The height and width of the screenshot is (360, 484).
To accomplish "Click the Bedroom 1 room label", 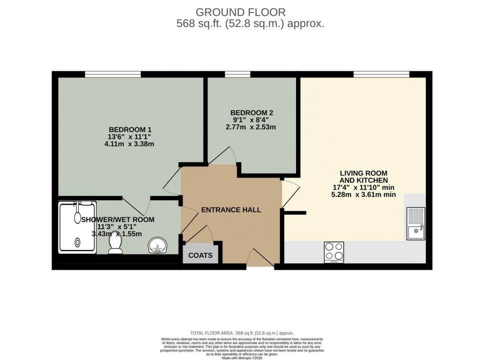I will (130, 129).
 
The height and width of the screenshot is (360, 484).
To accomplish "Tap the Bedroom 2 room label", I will (251, 112).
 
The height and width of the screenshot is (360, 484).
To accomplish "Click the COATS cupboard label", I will (201, 255).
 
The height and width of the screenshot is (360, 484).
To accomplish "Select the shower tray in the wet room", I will (77, 226).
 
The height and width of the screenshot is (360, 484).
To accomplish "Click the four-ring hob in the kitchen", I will (334, 252).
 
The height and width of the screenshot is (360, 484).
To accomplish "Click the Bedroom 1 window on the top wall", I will (112, 74).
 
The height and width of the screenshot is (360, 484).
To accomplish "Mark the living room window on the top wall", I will (381, 74).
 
